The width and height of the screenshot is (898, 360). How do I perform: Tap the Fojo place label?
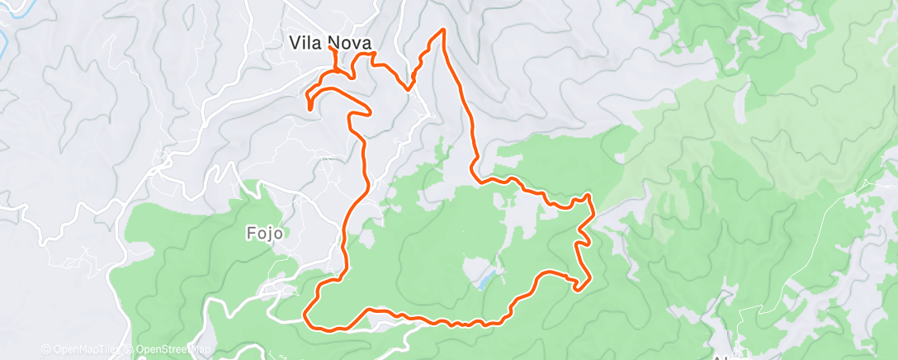pyautogui.click(x=265, y=233)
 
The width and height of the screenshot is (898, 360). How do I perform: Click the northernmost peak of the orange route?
pyautogui.click(x=443, y=30)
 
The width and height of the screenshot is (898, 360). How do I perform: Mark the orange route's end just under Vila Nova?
pyautogui.click(x=332, y=49)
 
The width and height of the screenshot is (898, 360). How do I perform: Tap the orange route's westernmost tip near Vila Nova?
pyautogui.click(x=310, y=107)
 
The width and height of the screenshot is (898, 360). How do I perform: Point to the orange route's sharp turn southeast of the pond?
pyautogui.click(x=580, y=289)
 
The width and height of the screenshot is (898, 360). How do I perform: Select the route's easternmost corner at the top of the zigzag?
pyautogui.click(x=588, y=196)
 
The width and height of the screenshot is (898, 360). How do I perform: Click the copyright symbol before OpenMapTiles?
pyautogui.click(x=46, y=350)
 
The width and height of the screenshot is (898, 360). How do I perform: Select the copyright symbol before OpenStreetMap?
pyautogui.click(x=131, y=350)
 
